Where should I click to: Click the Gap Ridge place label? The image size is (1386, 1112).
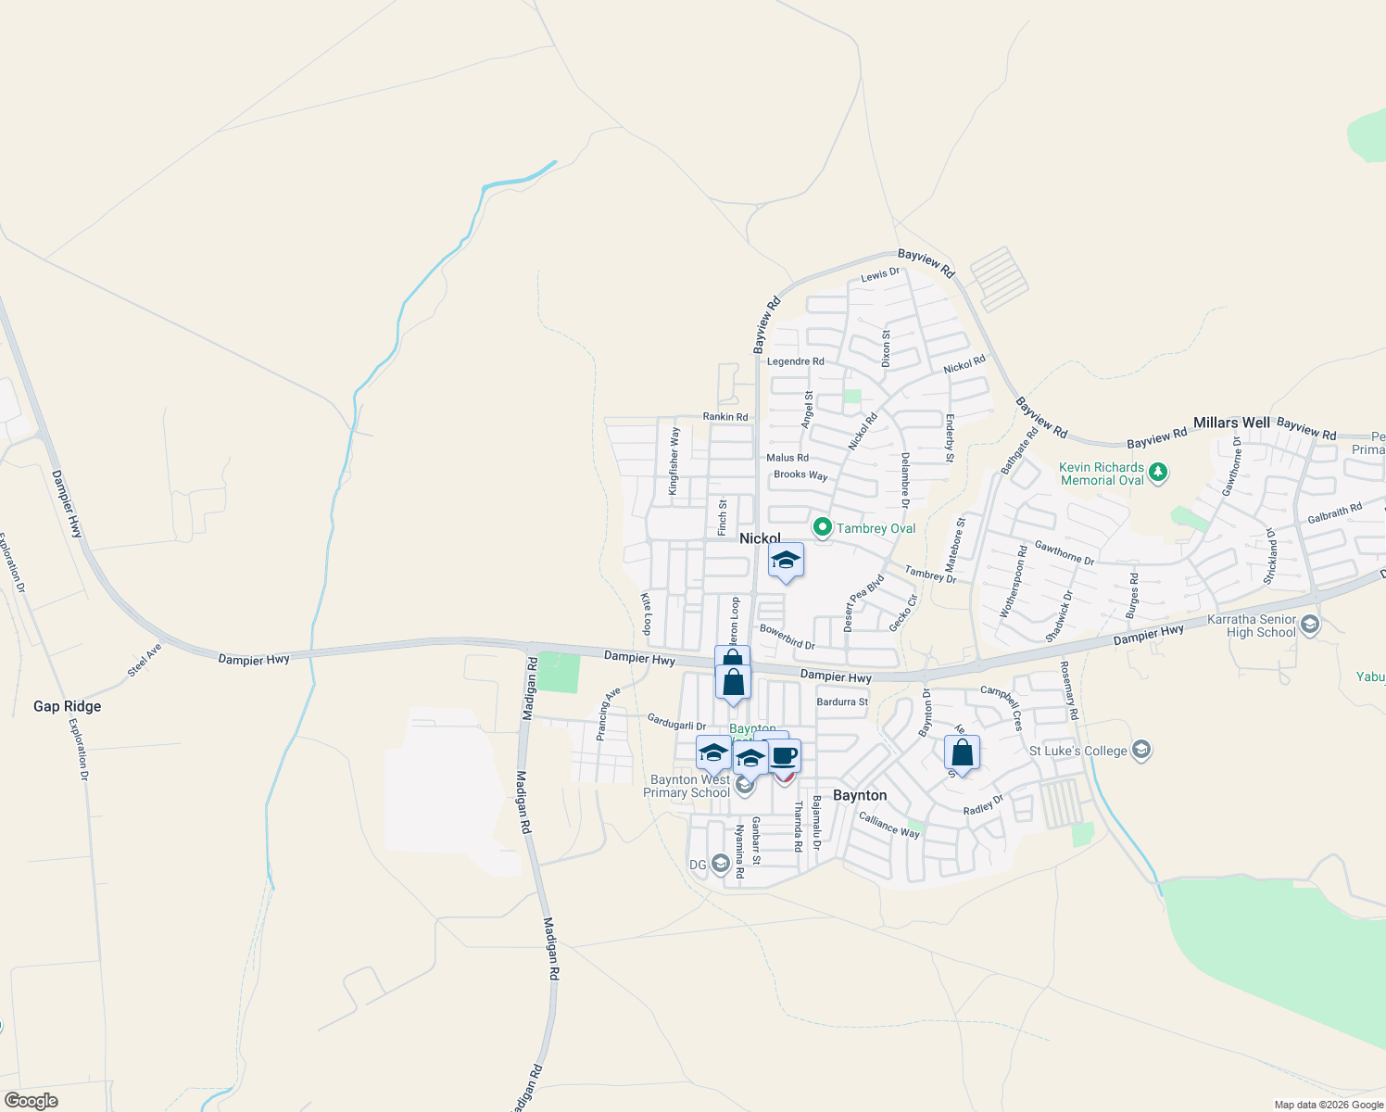point(67,706)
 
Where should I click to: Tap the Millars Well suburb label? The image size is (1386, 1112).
point(1231,423)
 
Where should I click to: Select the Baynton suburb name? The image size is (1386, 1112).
point(860,795)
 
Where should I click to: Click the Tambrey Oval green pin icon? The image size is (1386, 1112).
point(822,528)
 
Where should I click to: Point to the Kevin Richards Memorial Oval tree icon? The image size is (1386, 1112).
point(1157,473)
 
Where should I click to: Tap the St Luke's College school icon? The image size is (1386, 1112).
point(1141,750)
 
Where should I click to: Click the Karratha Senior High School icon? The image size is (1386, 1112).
point(1309,625)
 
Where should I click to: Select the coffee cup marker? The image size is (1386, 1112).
point(784,756)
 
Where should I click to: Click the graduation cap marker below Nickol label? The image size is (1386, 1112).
point(786,561)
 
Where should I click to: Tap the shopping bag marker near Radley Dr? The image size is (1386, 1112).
point(963,753)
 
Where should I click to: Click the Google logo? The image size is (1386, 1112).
point(31,1101)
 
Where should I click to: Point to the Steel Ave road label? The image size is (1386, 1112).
point(145,660)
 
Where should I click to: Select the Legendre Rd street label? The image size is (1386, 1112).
point(795,361)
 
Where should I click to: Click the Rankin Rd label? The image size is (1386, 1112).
point(724,417)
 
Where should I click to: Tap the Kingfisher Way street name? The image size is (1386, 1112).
point(674,461)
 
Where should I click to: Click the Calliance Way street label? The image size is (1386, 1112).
point(889,825)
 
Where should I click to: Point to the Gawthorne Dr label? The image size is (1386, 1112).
point(1065,552)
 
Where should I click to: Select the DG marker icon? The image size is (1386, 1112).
point(720,865)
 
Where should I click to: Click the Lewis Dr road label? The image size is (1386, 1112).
point(880,274)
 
